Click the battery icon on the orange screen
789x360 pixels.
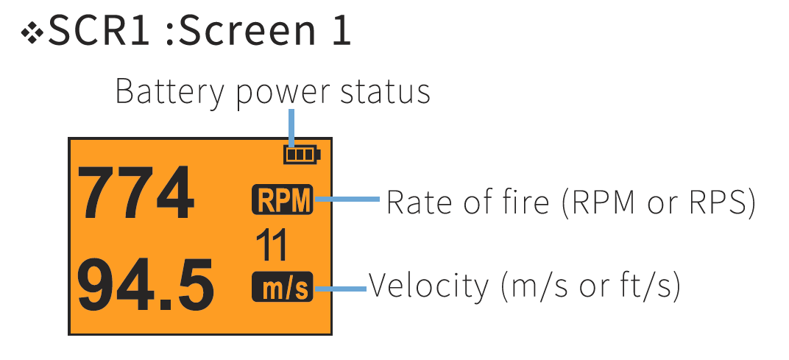302,155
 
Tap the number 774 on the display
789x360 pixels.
136,194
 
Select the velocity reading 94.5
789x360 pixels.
146,284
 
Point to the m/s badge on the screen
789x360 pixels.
282,288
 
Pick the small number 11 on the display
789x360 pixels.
272,245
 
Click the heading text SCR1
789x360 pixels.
101,32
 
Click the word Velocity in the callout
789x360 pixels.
428,286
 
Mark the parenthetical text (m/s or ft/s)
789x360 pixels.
590,286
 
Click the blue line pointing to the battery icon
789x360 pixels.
293,127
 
